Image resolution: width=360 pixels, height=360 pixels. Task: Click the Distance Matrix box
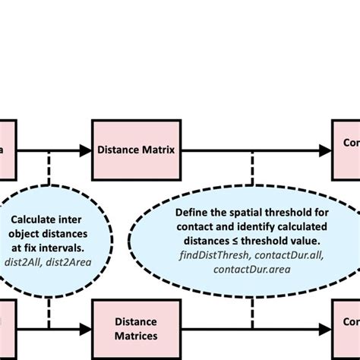pos(136,150)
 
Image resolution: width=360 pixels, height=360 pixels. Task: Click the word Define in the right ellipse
pos(191,213)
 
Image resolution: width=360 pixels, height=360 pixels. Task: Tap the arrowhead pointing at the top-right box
pos(325,150)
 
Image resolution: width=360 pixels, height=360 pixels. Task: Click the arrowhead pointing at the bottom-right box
pos(325,328)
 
